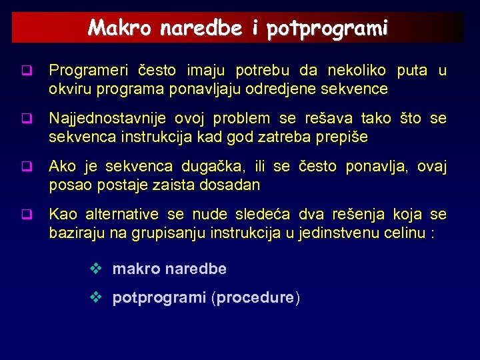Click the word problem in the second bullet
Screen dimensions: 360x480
coord(239,119)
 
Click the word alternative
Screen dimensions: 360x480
coord(120,215)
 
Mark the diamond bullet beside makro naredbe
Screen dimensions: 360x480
coord(95,269)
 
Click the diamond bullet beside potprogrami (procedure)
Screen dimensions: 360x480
coord(95,297)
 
